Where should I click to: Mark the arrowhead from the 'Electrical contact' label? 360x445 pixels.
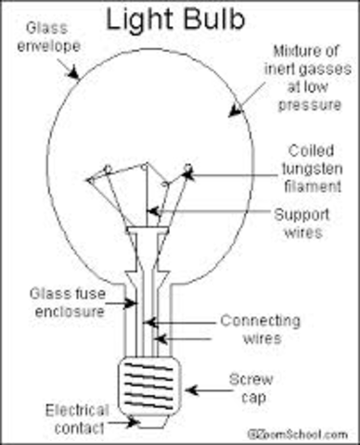[132, 419]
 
